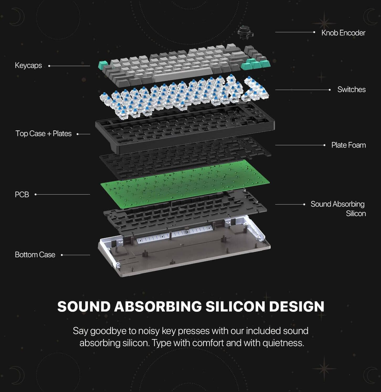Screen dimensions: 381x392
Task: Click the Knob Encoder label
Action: (343, 33)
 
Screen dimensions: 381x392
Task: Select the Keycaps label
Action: (28, 65)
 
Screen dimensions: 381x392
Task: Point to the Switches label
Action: (351, 89)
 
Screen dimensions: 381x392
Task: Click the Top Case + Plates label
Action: (43, 133)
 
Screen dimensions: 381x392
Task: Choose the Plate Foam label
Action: (348, 145)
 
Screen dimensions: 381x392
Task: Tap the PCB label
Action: (22, 195)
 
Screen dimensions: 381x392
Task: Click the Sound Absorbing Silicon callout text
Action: (338, 209)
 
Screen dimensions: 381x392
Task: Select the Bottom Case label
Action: (35, 255)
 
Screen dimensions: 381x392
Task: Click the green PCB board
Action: (185, 184)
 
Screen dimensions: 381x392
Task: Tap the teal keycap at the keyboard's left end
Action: (103, 65)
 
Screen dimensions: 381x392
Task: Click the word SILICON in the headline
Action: (235, 306)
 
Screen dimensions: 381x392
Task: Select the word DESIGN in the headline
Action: (297, 306)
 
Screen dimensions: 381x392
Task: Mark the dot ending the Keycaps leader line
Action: (49, 66)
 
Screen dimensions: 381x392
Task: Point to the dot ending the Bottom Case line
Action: (62, 255)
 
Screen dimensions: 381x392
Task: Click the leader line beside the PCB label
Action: (62, 195)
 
